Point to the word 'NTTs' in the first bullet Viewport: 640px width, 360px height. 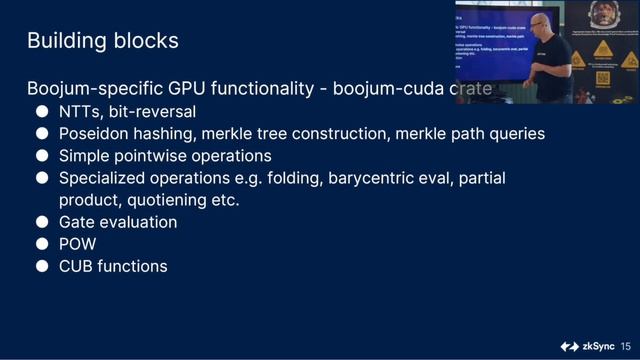point(81,111)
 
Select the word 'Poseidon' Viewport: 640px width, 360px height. point(94,133)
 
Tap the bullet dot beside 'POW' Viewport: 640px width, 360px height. point(43,244)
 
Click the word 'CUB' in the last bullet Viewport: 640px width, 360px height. point(77,266)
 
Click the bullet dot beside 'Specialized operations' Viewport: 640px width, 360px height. point(43,178)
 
